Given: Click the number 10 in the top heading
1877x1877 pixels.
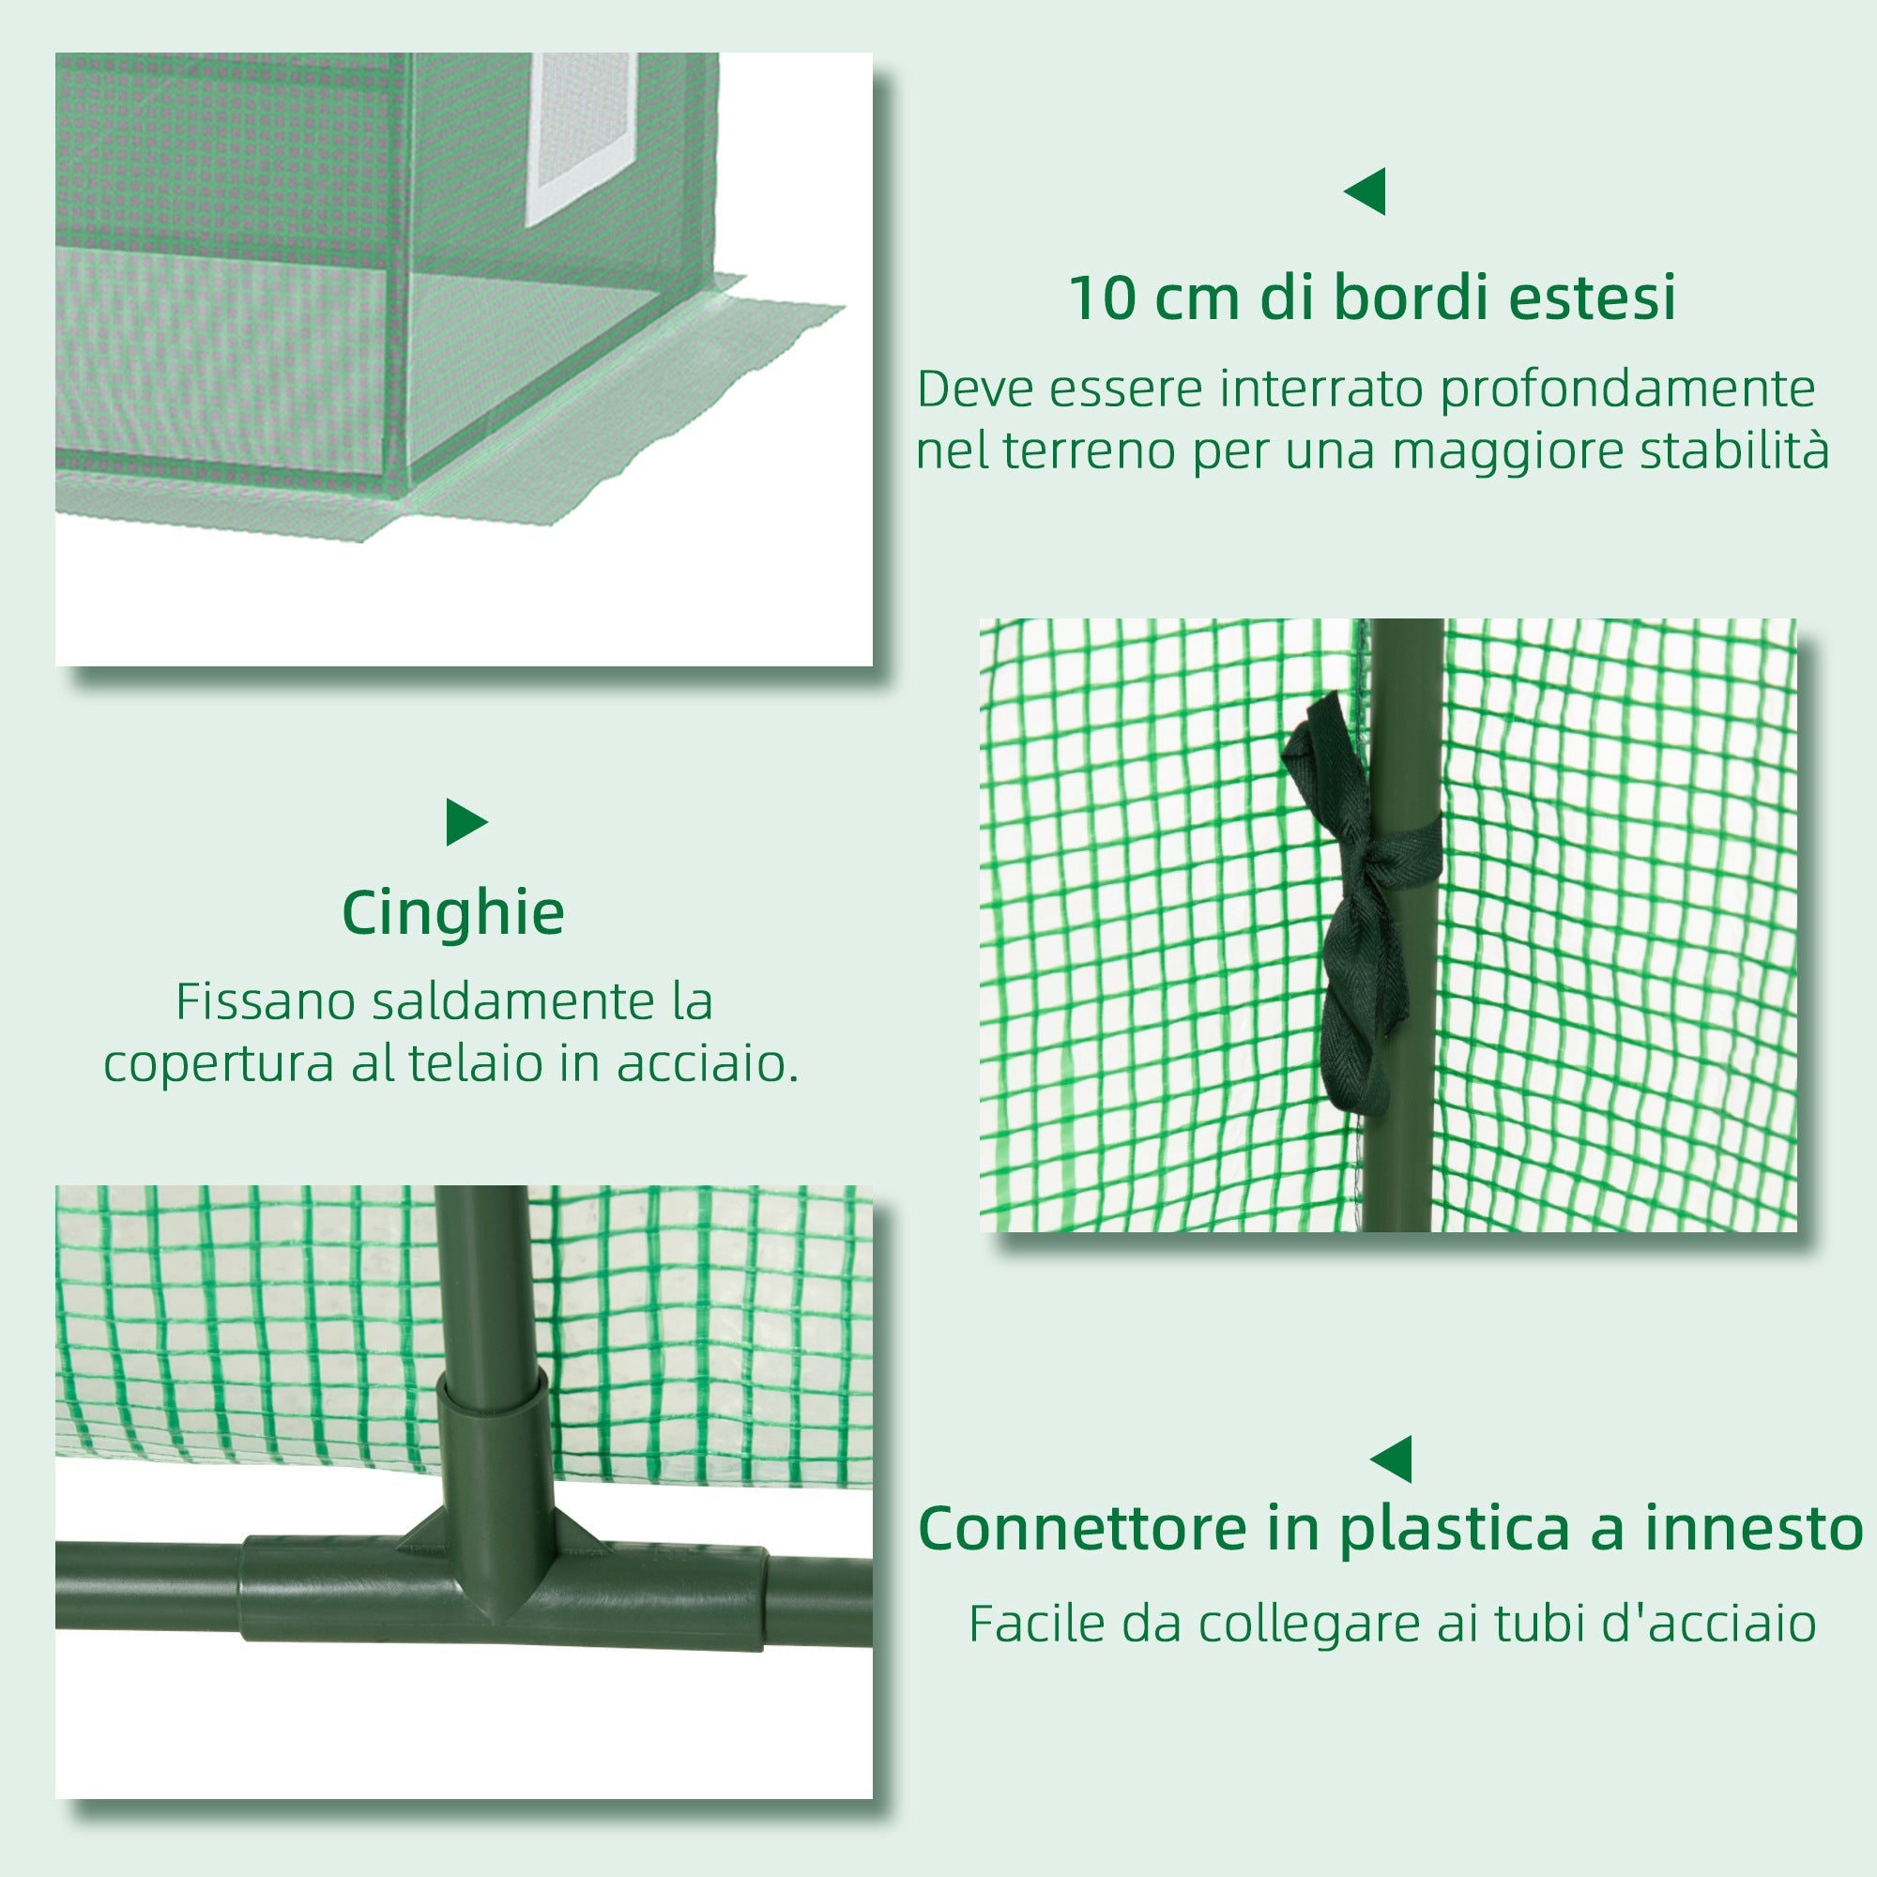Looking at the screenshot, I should coord(1101,298).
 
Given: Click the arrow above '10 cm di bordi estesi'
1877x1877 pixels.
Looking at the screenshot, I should coord(1366,191).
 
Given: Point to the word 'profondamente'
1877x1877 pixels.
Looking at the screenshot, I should coord(1626,390).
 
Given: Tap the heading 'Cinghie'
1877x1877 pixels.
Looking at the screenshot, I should coord(452,913).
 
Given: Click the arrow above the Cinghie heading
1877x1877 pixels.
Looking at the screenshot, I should coord(465,823).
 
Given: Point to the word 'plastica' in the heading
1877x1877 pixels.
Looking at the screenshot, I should coord(1455,1531).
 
